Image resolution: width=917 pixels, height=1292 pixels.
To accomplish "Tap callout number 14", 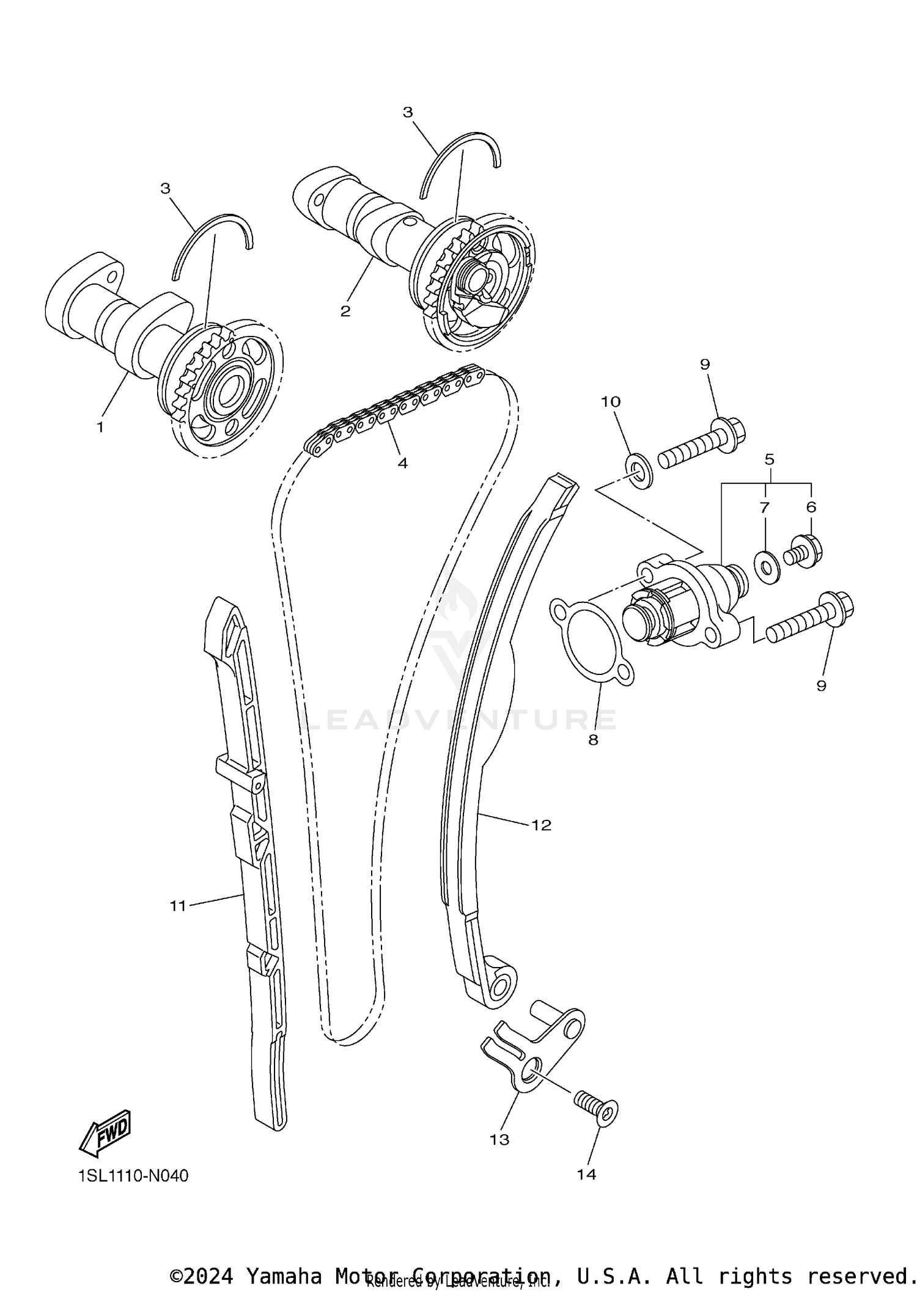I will (586, 1174).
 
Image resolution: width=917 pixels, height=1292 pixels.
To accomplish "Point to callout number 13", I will (499, 1139).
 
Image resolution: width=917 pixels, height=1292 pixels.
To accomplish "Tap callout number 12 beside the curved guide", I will (541, 825).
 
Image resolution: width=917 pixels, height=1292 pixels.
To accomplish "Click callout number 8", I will (593, 740).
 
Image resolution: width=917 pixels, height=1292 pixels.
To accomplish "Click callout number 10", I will (611, 402).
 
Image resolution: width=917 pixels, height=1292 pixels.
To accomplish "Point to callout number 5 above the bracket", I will (769, 458).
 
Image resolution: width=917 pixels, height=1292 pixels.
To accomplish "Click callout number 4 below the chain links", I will (402, 463).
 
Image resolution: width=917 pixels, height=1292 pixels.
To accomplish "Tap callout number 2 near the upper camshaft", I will (345, 312).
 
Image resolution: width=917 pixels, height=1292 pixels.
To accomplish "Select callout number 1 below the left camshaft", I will (100, 427).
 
